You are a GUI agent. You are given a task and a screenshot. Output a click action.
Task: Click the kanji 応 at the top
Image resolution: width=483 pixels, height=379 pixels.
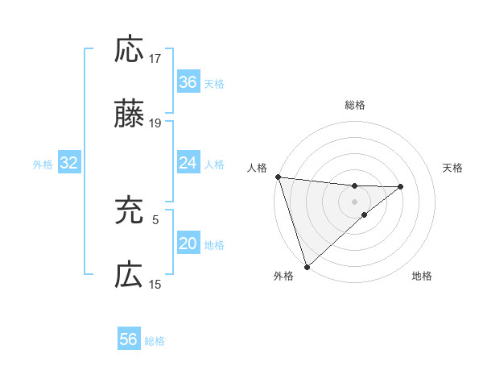129,50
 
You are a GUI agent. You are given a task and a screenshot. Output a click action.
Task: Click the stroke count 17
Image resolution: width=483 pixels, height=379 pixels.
156,58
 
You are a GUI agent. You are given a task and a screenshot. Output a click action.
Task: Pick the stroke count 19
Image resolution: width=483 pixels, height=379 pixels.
156,123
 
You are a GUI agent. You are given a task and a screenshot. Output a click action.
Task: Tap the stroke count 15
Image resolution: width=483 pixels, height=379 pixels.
156,284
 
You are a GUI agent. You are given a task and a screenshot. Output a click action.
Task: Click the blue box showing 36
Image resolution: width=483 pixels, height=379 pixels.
188,82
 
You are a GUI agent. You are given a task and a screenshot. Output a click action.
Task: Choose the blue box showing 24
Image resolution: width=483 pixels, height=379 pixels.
188,163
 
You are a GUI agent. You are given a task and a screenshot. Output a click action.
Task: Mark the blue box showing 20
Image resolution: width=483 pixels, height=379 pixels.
188,244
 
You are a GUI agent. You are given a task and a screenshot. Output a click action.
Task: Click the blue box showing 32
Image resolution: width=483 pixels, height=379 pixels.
68,164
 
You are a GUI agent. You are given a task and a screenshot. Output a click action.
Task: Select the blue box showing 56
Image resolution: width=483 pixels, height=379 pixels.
128,339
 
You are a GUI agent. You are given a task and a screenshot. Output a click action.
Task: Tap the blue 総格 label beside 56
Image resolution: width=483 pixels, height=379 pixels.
155,341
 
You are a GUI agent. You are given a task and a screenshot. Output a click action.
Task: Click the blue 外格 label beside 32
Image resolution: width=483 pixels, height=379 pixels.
43,165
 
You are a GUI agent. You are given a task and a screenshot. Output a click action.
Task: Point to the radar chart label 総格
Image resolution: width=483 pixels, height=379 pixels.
354,105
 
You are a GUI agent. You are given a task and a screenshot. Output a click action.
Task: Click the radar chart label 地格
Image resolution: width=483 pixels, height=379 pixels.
422,276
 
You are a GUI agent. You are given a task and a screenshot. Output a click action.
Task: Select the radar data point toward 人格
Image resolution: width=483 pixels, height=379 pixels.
278,177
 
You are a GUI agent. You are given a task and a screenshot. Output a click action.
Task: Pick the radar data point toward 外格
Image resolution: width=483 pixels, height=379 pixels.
307,265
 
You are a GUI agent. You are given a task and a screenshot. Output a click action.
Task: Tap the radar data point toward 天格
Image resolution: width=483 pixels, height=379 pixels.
400,187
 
